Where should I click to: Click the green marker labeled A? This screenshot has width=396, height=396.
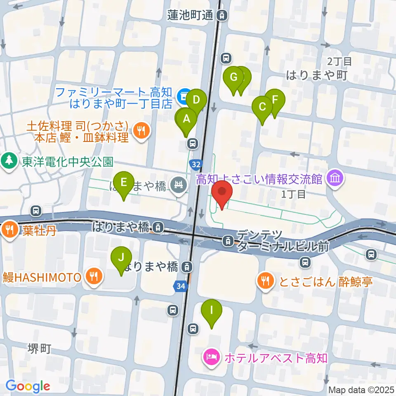pos(186,119)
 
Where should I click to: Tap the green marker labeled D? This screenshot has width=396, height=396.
pos(196,100)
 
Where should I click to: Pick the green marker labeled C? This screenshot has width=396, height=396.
pos(262,107)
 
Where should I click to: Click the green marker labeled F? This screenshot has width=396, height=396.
pos(275,99)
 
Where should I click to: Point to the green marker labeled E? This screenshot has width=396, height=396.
pos(123,182)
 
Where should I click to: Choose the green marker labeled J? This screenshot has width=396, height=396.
pos(121,257)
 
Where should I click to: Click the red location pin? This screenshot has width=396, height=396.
pos(222,192)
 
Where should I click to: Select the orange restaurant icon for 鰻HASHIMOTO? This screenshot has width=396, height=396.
pos(93,276)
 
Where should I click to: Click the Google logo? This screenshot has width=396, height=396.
pos(28,386)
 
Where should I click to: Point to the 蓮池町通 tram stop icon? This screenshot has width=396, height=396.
pos(222,16)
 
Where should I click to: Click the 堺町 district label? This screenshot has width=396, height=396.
pos(40,349)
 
